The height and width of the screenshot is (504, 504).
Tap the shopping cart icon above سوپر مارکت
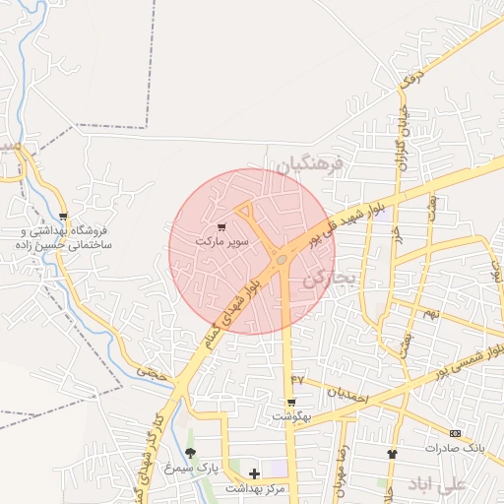[x=221, y=227]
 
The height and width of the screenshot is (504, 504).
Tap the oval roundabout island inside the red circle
[x=283, y=259]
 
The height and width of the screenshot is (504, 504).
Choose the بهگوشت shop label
[x=291, y=417]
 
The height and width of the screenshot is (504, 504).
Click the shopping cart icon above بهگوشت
[x=291, y=403]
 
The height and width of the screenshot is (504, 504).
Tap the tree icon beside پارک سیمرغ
[x=190, y=454]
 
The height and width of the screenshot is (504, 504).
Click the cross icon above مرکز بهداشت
[x=254, y=474]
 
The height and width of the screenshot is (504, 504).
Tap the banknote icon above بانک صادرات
[x=455, y=433]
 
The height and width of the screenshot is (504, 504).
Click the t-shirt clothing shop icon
[x=394, y=454]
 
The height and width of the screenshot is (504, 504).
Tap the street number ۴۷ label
[x=297, y=379]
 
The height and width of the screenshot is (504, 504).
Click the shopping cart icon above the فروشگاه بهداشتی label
[x=64, y=217]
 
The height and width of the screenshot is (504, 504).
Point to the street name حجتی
[x=151, y=372]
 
